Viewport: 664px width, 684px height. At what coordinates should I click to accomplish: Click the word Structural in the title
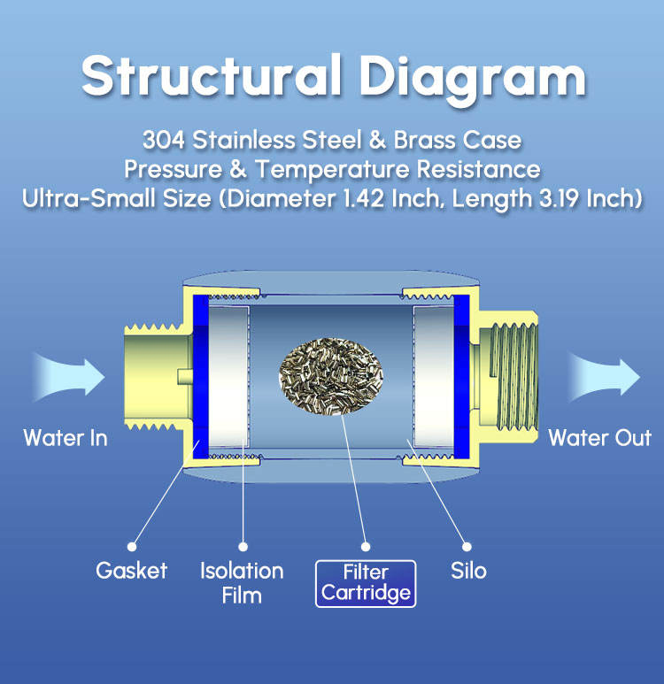point(212,75)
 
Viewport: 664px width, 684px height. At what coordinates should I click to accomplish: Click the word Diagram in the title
point(473,80)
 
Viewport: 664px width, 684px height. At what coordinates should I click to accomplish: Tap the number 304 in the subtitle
point(163,140)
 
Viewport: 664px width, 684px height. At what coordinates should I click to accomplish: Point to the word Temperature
point(332,169)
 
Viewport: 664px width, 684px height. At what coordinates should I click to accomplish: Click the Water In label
point(66,437)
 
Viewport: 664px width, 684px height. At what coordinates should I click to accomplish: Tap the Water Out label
point(600,437)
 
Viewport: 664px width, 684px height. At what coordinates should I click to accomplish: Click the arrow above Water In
point(69,377)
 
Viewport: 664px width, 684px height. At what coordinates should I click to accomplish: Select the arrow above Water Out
point(604,377)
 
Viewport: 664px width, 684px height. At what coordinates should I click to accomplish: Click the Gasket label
point(131,571)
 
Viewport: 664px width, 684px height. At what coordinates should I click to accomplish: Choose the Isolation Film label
point(242,583)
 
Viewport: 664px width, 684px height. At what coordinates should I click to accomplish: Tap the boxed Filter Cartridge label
point(366,584)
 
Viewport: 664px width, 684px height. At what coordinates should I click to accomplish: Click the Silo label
point(468,571)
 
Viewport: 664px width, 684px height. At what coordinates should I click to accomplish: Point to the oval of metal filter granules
point(331,376)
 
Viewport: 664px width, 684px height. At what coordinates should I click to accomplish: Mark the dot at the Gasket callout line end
point(132,547)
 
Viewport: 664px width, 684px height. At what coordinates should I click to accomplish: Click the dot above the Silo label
point(467,547)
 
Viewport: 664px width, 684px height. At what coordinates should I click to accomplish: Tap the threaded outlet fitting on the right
point(508,377)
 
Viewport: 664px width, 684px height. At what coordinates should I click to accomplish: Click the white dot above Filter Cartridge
point(366,547)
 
